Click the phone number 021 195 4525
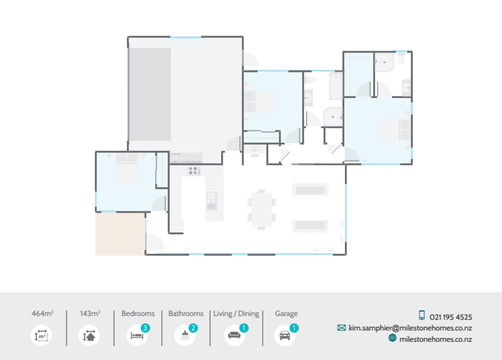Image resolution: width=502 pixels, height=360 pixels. [451, 317]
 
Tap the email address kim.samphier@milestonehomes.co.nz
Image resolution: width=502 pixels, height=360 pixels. [410, 328]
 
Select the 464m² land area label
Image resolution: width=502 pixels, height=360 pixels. [42, 314]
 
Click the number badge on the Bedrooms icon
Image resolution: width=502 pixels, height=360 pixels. [145, 328]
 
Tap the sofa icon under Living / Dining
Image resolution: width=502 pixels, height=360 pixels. [234, 336]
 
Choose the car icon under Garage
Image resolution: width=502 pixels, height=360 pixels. [284, 336]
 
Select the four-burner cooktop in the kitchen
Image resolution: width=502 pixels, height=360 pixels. [193, 171]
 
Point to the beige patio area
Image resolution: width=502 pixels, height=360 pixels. [120, 234]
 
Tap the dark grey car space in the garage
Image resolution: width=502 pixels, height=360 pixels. [150, 94]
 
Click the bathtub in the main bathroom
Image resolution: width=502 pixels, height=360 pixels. [336, 86]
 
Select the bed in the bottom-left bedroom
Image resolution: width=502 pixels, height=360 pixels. [127, 168]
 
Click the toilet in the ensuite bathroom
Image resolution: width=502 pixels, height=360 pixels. [402, 59]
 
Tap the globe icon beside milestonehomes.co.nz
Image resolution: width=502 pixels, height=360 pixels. [392, 338]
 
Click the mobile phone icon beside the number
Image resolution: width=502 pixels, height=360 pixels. [422, 315]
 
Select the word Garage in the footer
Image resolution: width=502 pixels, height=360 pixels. [286, 314]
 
